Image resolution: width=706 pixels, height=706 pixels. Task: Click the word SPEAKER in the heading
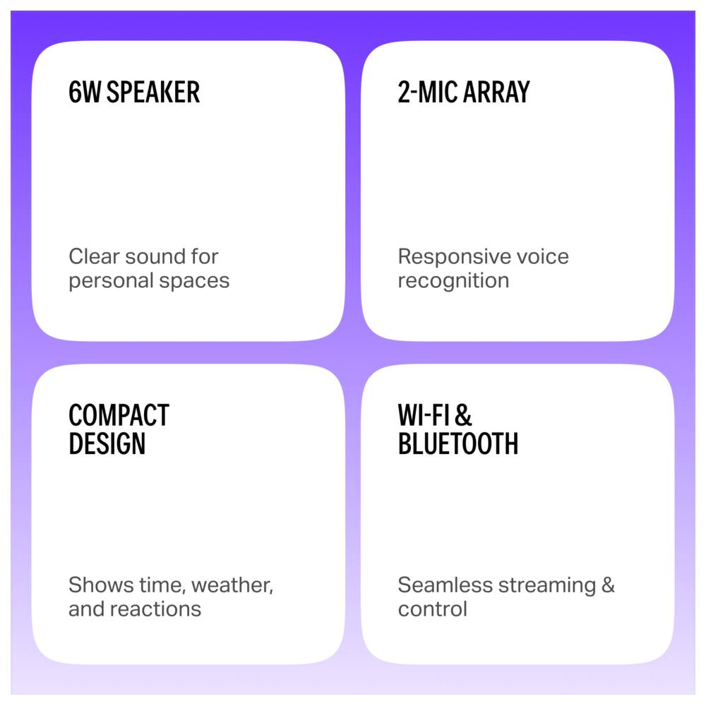click(x=153, y=92)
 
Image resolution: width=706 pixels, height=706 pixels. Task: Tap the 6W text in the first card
click(x=85, y=92)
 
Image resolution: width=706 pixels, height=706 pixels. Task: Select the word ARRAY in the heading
click(x=496, y=92)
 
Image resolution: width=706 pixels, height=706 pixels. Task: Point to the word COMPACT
click(x=119, y=415)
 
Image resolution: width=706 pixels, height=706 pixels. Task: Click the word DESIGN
click(x=107, y=443)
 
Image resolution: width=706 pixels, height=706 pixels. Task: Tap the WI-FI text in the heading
click(x=424, y=415)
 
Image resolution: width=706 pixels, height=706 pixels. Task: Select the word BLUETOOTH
click(x=458, y=443)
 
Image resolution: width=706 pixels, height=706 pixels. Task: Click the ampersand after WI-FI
click(x=463, y=415)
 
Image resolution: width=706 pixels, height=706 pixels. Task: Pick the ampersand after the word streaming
click(x=608, y=585)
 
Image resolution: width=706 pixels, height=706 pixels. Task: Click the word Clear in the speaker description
click(x=94, y=256)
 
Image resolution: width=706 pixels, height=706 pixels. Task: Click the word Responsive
click(x=454, y=258)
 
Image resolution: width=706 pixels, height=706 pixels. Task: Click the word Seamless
click(x=445, y=585)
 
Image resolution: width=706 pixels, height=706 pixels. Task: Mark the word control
click(x=432, y=609)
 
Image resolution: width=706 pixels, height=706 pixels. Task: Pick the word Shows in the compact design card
click(x=101, y=585)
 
